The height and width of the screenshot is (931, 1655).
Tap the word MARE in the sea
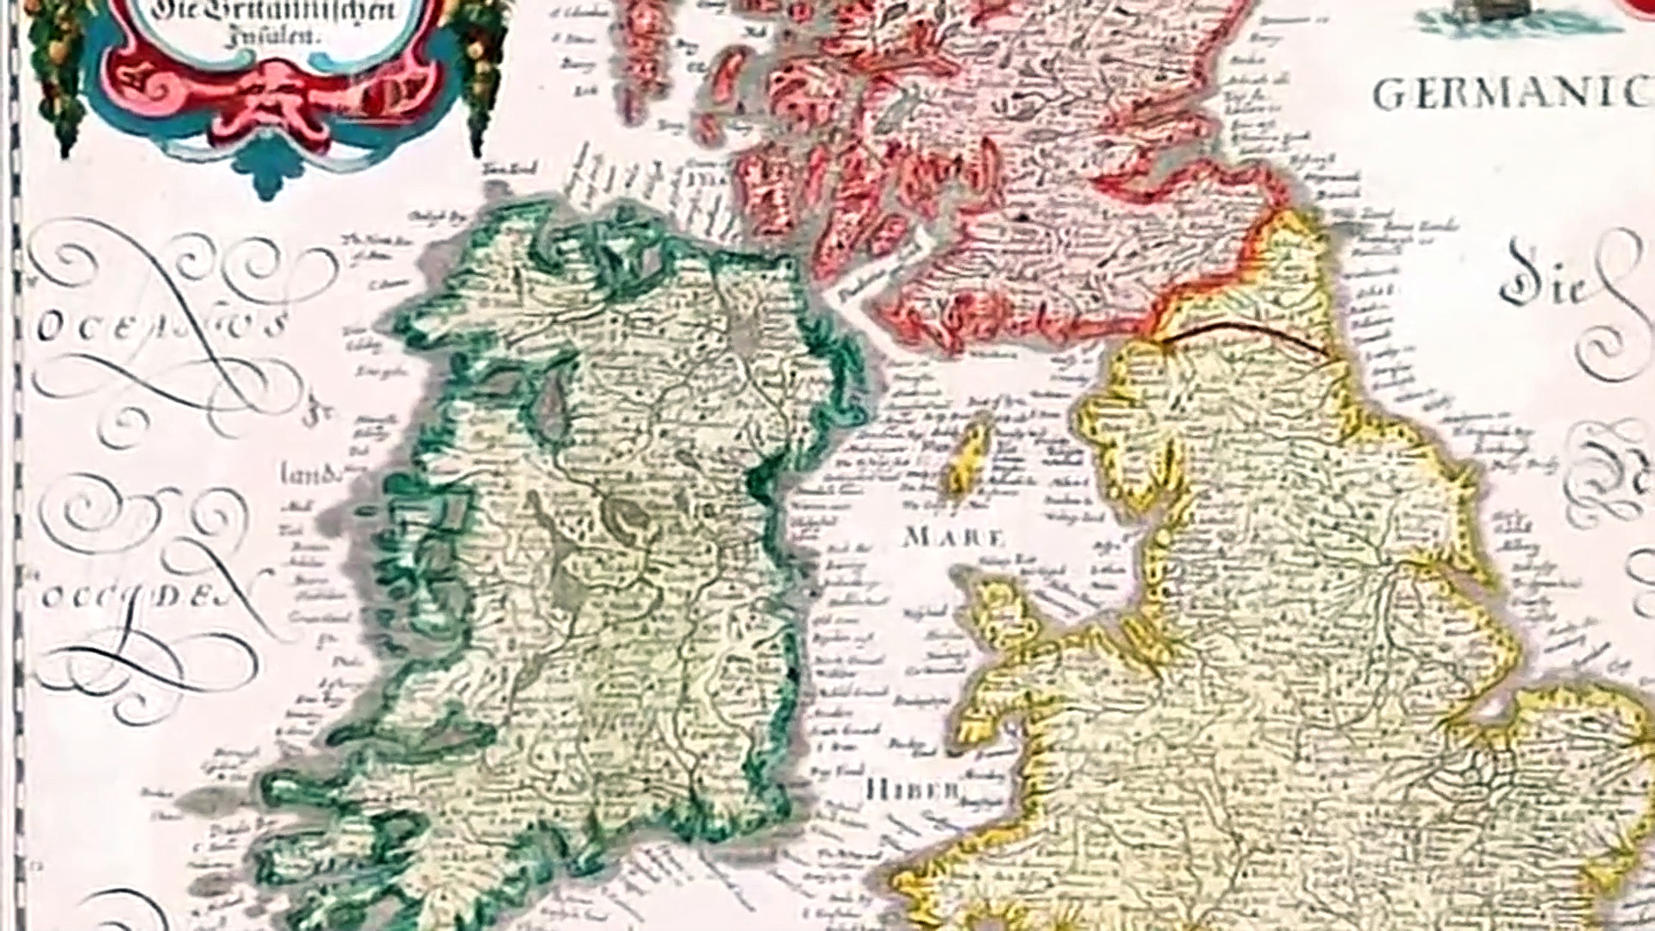point(953,538)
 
